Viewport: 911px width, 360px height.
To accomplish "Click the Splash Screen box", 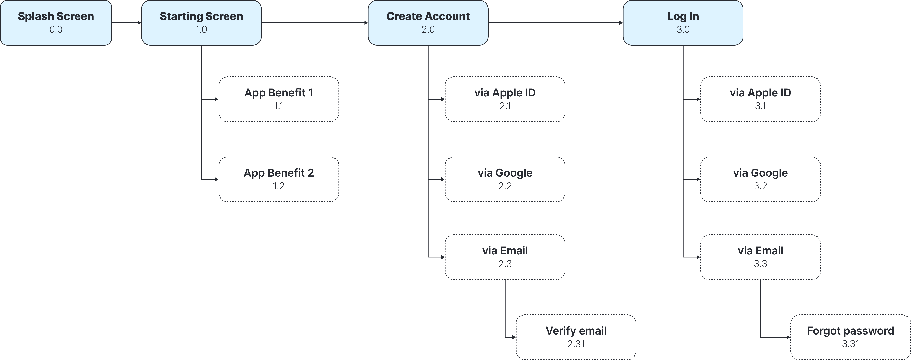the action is [56, 23].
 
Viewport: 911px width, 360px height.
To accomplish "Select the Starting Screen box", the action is [201, 23].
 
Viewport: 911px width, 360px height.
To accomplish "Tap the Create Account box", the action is [428, 23].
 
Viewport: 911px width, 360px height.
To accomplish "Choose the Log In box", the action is [683, 23].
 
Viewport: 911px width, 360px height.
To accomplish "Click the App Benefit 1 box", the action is [279, 99].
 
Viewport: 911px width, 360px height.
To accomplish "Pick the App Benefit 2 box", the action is [279, 179].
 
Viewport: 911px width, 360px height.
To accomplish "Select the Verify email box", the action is [576, 337].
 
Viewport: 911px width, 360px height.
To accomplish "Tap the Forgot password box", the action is [851, 337].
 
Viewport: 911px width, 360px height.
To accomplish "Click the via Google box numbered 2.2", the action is [505, 179].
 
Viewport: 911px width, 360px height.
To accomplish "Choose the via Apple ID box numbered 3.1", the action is [760, 99].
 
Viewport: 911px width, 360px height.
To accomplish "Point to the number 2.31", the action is [576, 344].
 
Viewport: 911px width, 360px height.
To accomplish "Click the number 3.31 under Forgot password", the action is [851, 344].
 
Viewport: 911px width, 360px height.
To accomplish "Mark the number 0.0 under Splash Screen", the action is [56, 29].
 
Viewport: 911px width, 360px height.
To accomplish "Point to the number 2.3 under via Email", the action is [505, 264].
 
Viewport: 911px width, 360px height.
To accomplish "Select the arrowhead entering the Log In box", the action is [621, 23].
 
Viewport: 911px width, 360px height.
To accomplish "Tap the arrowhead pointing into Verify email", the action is [514, 337].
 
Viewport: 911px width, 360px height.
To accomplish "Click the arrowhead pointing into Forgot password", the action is [789, 337].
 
